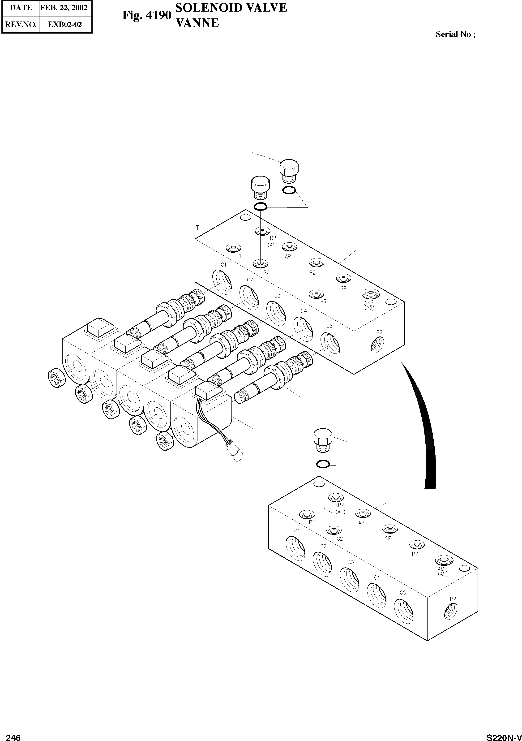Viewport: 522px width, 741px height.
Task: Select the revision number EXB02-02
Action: tap(65, 25)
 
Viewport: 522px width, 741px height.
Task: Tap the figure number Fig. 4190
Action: tap(146, 15)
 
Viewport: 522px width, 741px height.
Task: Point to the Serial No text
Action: tap(455, 34)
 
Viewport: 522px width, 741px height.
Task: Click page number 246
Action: tap(13, 737)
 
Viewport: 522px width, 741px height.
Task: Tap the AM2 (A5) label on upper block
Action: tap(369, 305)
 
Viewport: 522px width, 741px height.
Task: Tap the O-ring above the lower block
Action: tap(323, 464)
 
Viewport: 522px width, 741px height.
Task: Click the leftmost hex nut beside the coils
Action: tap(57, 378)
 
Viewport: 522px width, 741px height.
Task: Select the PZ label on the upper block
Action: tap(312, 273)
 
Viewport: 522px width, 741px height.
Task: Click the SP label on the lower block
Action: tap(388, 538)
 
